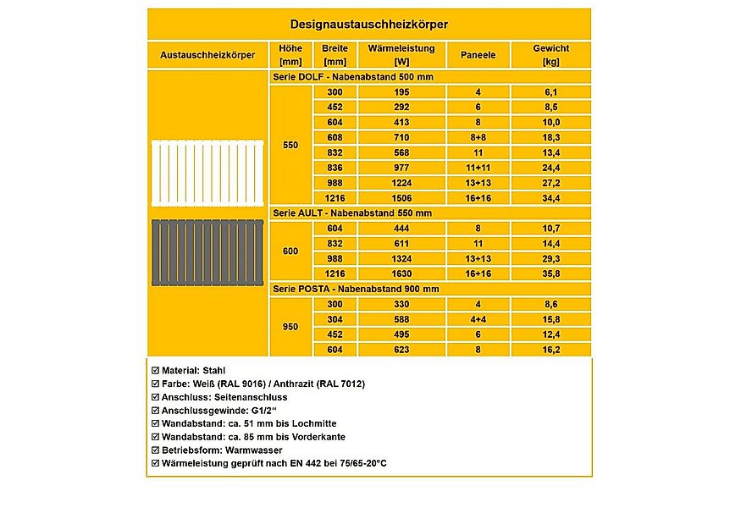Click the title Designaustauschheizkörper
pos(369,25)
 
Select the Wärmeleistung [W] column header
pos(401,55)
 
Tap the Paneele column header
pos(478,55)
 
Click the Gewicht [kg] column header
pos(550,55)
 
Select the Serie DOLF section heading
pos(353,77)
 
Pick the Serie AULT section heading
pos(353,213)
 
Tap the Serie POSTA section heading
pos(357,289)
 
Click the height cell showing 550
pos(290,145)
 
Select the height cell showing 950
pos(290,326)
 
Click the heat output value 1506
pos(401,198)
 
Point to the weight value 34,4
pos(550,198)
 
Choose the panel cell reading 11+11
pos(478,168)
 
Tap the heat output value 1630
pos(401,274)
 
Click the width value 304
pos(335,319)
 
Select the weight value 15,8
pos(550,319)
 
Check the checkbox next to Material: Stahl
pos(154,371)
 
